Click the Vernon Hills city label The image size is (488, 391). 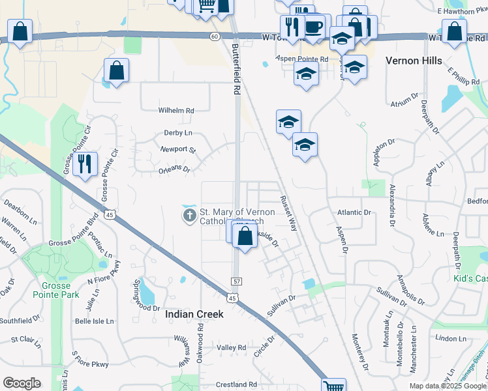[415, 61]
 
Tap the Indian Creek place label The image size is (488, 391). [194, 314]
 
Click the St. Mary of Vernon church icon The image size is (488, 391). [189, 214]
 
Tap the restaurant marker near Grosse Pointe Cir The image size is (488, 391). [85, 165]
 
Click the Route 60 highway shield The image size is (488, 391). [215, 36]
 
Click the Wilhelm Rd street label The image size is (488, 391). [176, 111]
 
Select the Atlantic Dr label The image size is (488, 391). [354, 212]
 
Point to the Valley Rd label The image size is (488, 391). [232, 348]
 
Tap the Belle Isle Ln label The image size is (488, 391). [94, 321]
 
